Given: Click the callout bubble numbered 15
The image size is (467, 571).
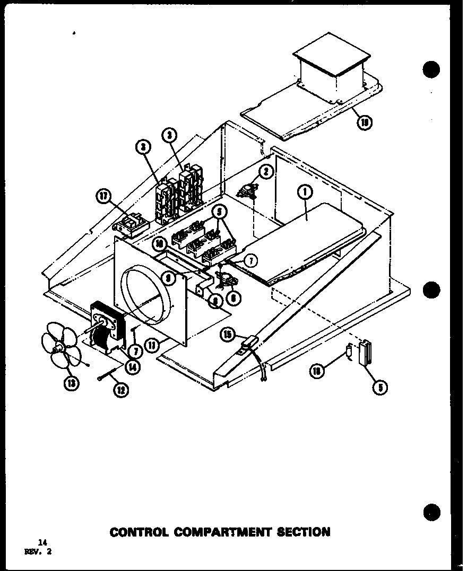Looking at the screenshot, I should click(228, 335).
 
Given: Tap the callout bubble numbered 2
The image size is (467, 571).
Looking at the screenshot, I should click(266, 172).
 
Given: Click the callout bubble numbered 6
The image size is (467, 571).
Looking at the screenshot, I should click(232, 298).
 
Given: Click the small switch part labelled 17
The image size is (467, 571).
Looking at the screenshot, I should click(131, 225).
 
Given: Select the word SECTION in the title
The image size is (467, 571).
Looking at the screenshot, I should click(303, 532).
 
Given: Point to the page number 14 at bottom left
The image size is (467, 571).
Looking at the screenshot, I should click(43, 542).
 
